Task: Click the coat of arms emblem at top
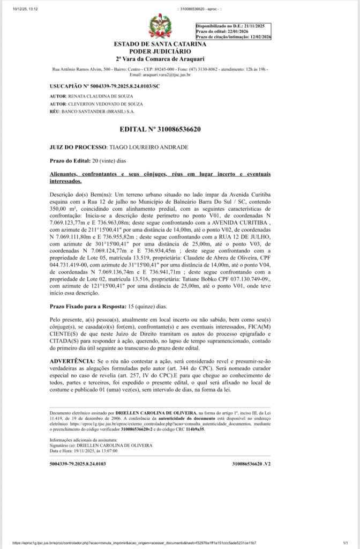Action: (160, 26)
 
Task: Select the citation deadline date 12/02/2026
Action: (256, 36)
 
